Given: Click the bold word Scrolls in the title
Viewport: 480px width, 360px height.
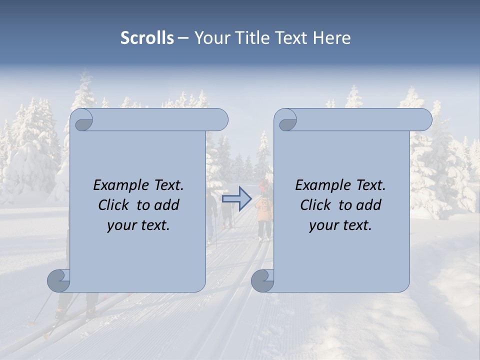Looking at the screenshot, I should [147, 38].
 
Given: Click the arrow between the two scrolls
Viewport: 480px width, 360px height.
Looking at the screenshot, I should [236, 198].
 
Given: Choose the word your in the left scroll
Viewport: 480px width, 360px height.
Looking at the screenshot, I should [120, 226].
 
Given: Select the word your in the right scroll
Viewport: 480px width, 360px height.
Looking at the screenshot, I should [322, 226].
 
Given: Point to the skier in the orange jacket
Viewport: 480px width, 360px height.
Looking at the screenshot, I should [264, 210].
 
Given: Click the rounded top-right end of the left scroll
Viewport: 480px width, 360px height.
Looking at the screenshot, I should [220, 120].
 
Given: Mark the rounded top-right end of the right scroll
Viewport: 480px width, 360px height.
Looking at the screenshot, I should [424, 120].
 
